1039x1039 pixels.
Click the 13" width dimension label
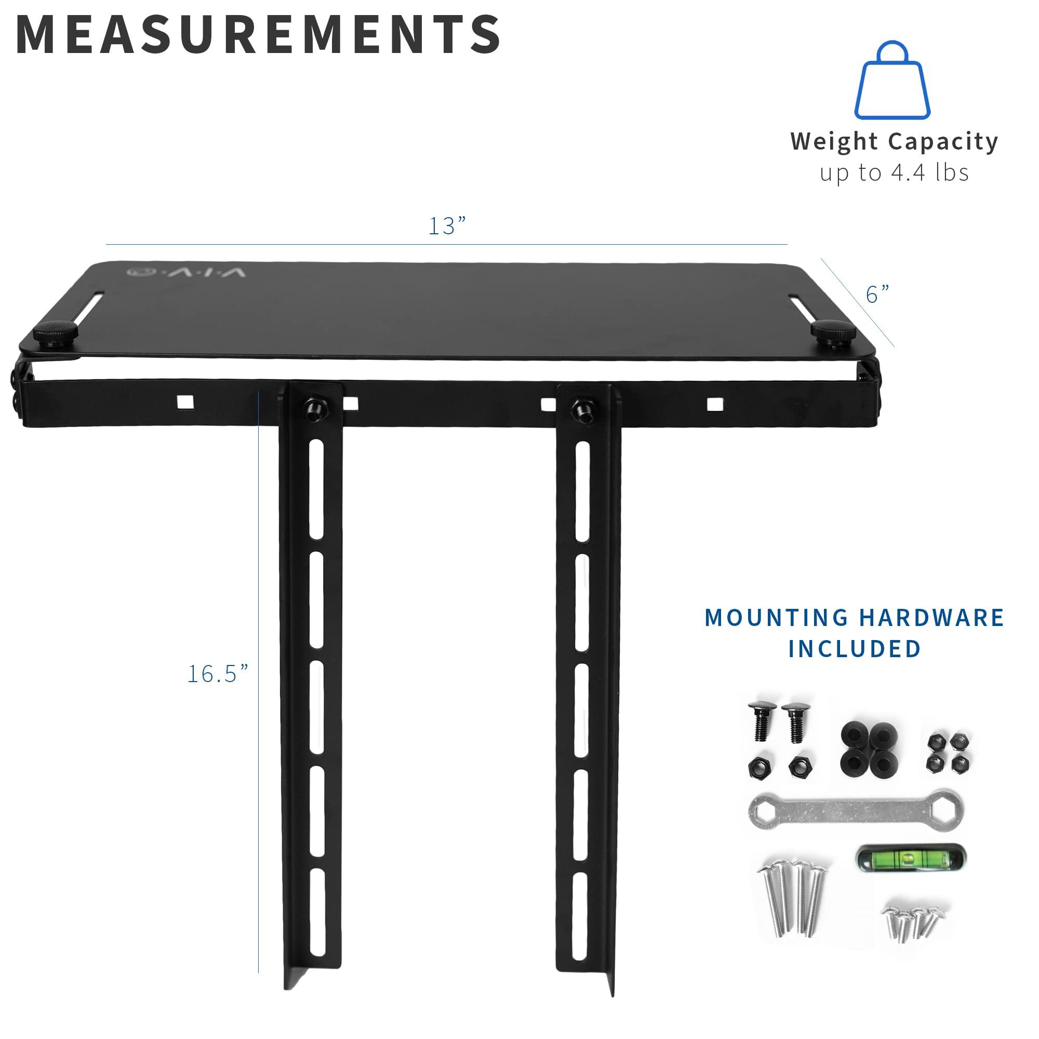click(446, 226)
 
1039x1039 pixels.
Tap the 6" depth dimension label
click(877, 294)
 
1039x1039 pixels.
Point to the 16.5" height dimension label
click(218, 674)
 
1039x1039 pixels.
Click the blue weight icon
click(892, 81)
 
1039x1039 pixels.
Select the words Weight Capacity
click(894, 141)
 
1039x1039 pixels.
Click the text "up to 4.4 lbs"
click(894, 173)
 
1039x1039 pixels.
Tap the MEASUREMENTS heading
click(258, 35)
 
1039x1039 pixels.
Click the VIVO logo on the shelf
click(186, 272)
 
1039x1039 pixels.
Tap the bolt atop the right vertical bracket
click(581, 410)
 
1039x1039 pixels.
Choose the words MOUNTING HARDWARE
click(854, 618)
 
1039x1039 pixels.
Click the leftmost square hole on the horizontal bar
click(183, 402)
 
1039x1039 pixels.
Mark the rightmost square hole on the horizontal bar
click(714, 403)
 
